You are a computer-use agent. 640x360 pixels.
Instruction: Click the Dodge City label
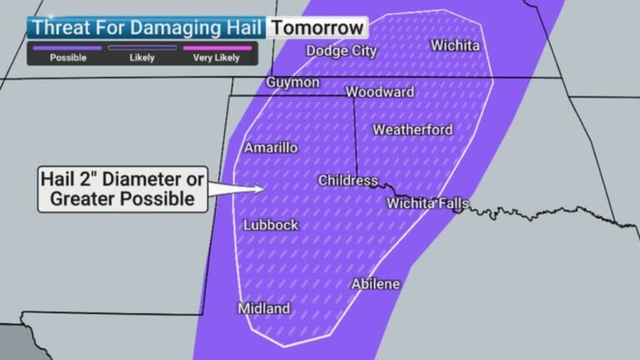[x=341, y=51]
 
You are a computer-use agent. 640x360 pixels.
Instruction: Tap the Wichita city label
[x=455, y=45]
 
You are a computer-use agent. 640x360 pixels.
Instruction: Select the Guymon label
[x=292, y=82]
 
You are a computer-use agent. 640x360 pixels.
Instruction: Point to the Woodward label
[x=380, y=92]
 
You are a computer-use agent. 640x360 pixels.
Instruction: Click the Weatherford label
[x=412, y=129]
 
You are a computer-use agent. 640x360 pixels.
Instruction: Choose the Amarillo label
[x=271, y=147]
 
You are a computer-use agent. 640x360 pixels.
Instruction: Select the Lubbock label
[x=271, y=225]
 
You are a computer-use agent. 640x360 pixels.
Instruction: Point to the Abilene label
[x=376, y=284]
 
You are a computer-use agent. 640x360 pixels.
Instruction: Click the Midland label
[x=264, y=308]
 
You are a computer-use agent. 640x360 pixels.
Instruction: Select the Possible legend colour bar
[x=67, y=48]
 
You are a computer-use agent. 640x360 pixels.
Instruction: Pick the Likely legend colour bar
[x=142, y=48]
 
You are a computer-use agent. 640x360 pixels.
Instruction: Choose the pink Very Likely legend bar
[x=216, y=48]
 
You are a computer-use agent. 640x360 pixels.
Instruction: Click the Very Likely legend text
[x=216, y=58]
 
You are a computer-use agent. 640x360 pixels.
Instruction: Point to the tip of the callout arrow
[x=264, y=187]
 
